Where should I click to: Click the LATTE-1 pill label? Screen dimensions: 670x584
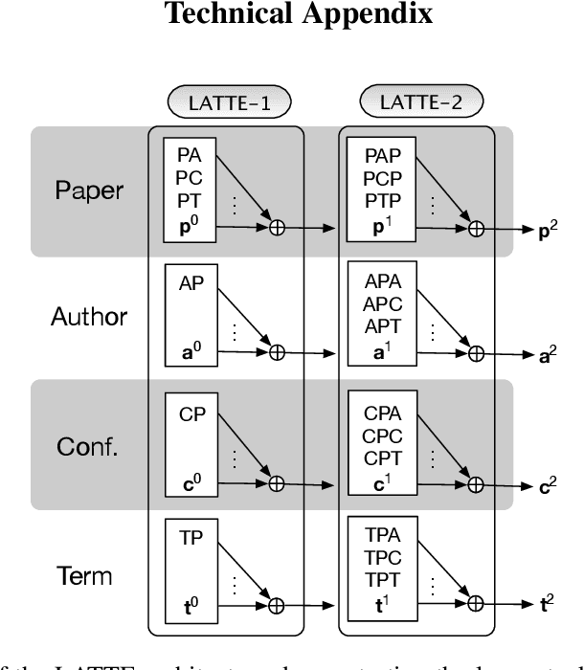[x=228, y=101]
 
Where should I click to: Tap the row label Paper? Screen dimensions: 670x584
[x=88, y=190]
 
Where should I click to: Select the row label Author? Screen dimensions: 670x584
[x=89, y=317]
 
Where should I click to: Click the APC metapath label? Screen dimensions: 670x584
[x=383, y=303]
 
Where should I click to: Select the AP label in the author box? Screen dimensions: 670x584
[x=191, y=284]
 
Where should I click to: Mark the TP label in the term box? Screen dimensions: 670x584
[x=191, y=538]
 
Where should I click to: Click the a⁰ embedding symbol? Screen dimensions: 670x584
[x=191, y=352]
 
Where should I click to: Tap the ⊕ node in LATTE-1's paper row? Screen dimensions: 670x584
[x=278, y=229]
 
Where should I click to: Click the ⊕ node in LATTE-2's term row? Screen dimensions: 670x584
[x=476, y=605]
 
